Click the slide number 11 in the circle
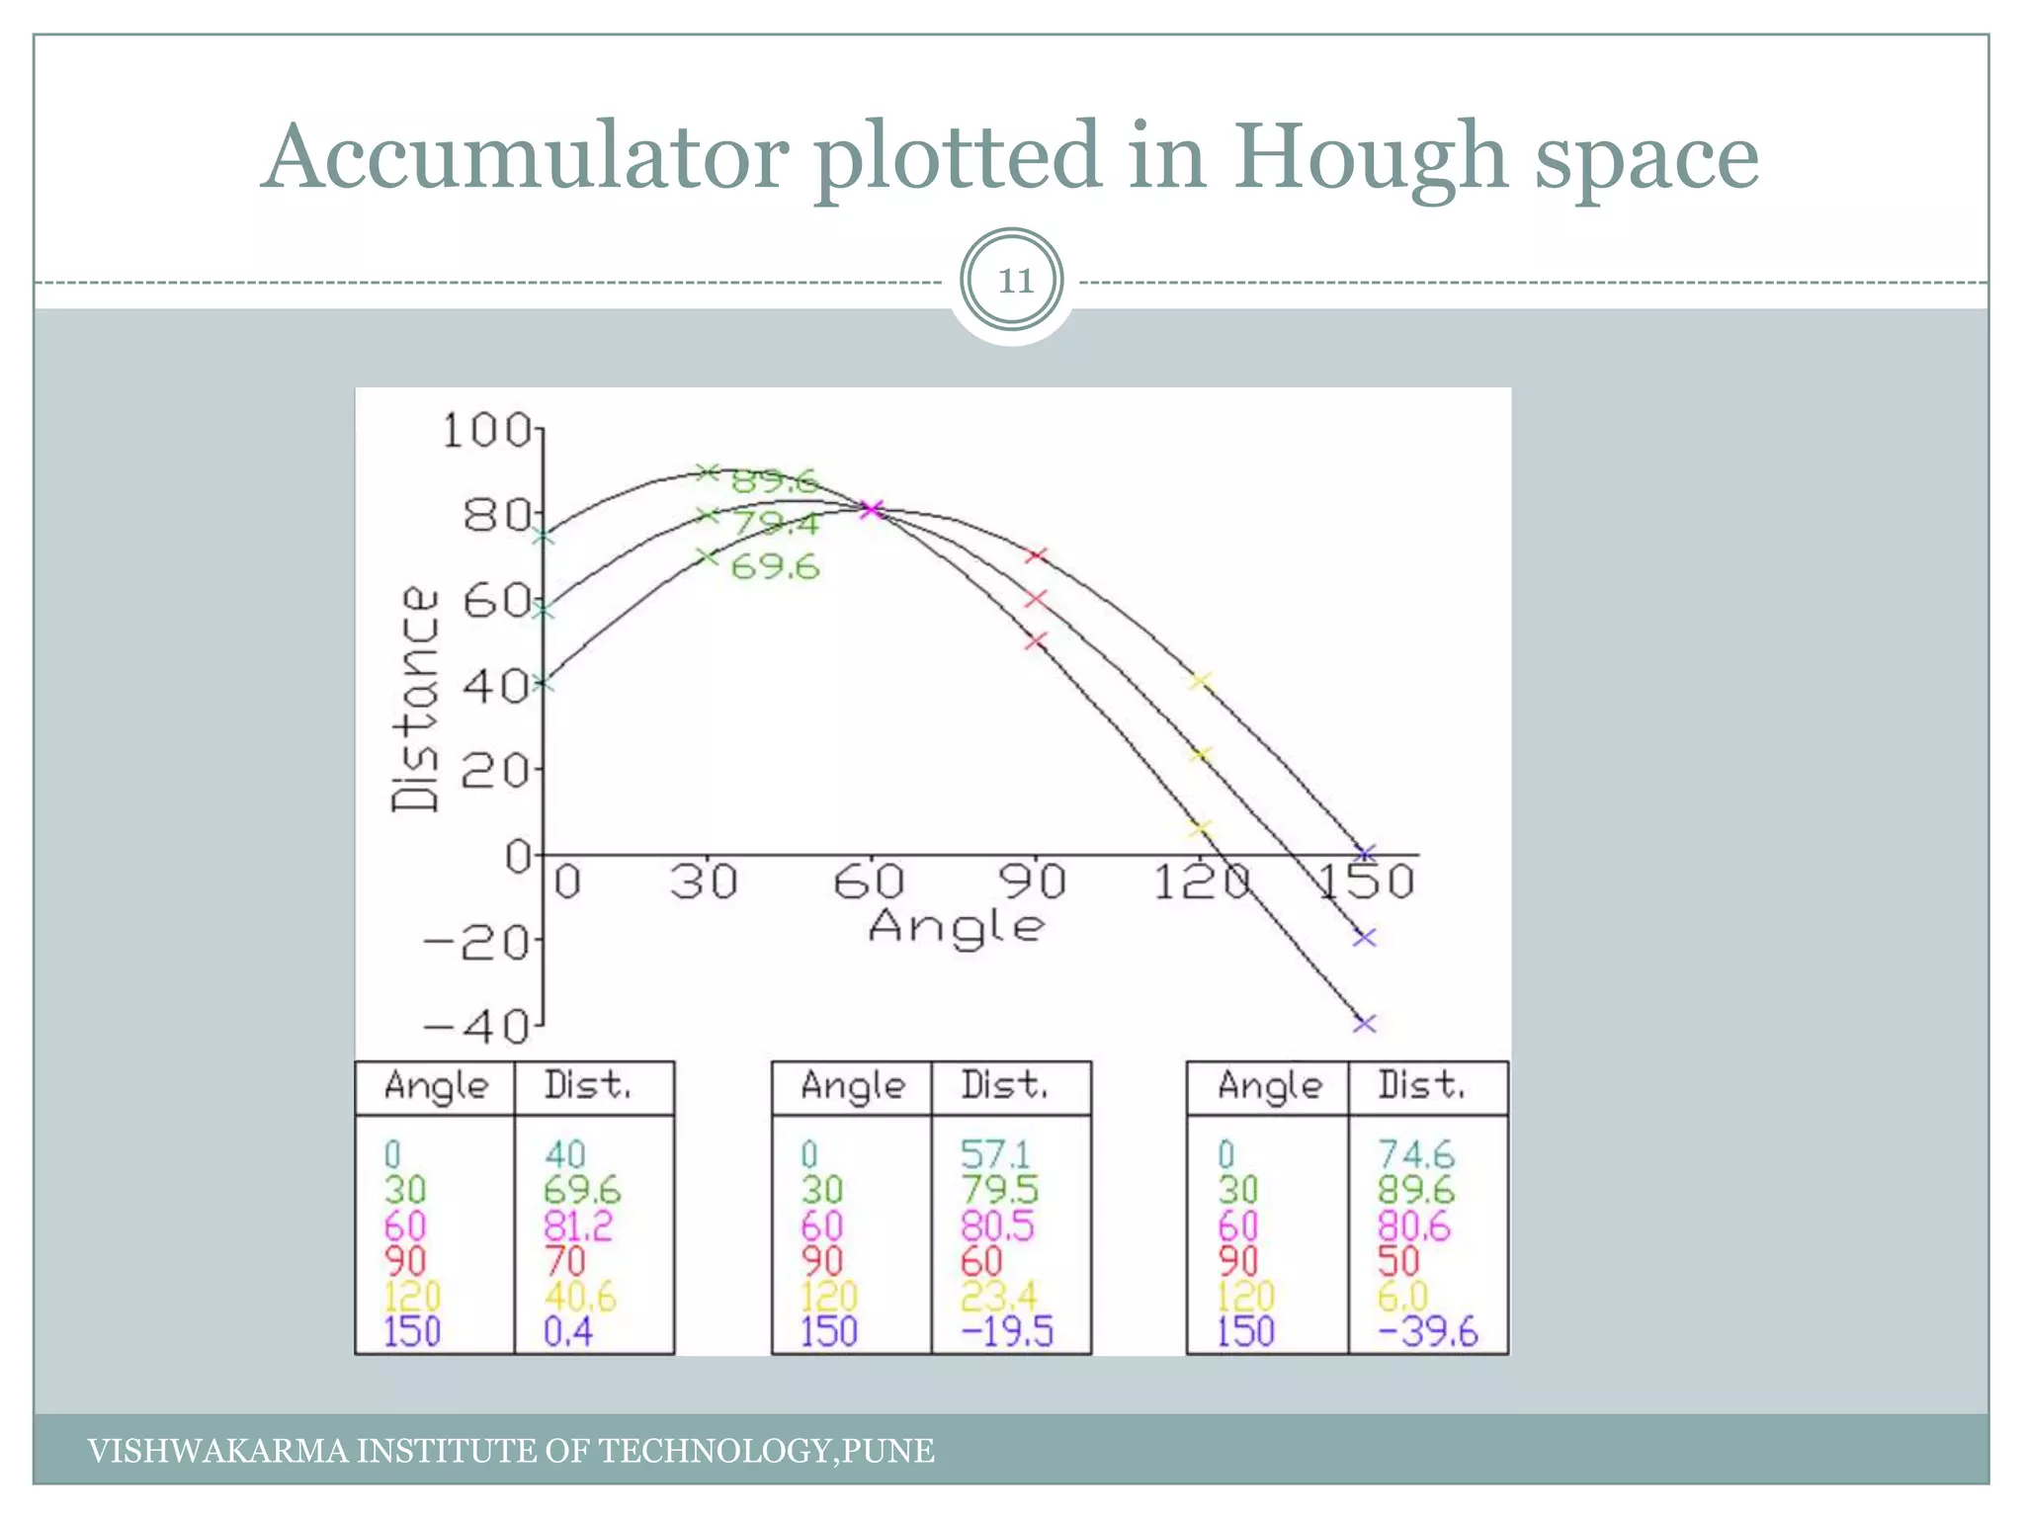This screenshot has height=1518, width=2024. [x=1014, y=282]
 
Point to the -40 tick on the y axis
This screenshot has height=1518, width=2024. [x=479, y=1028]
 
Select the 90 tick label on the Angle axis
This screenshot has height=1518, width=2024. [x=1032, y=881]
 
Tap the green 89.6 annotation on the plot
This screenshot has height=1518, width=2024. [x=775, y=481]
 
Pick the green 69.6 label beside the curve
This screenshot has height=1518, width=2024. [x=775, y=567]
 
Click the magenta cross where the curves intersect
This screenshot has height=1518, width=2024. [x=871, y=510]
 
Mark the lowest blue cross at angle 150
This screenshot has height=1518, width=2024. [x=1364, y=1024]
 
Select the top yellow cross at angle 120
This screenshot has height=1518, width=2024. [x=1200, y=681]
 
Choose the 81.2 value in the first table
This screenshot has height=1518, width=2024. [x=577, y=1226]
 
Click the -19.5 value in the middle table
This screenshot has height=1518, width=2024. [x=1007, y=1331]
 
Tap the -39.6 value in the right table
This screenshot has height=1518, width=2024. [x=1428, y=1331]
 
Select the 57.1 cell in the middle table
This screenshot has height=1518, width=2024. [x=995, y=1154]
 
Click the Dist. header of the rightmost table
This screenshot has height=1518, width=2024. [x=1421, y=1085]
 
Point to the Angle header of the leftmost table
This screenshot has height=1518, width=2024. [x=436, y=1086]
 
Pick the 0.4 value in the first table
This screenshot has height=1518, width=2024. [x=568, y=1331]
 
